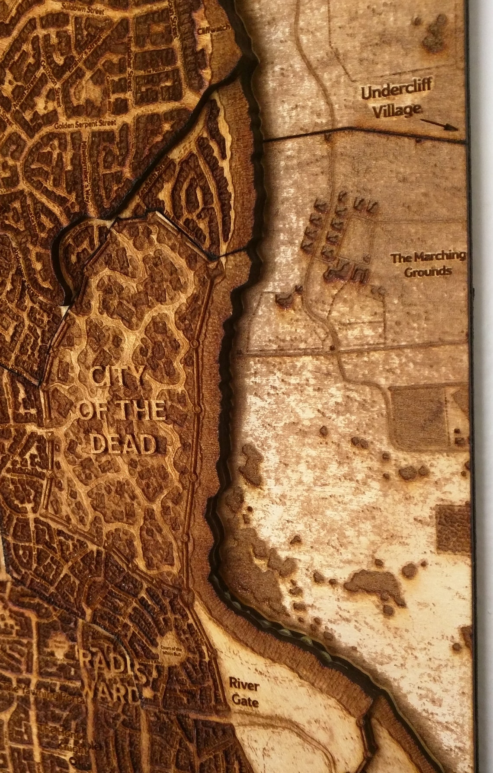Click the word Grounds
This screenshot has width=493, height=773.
428,272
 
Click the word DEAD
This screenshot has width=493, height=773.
125,444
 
